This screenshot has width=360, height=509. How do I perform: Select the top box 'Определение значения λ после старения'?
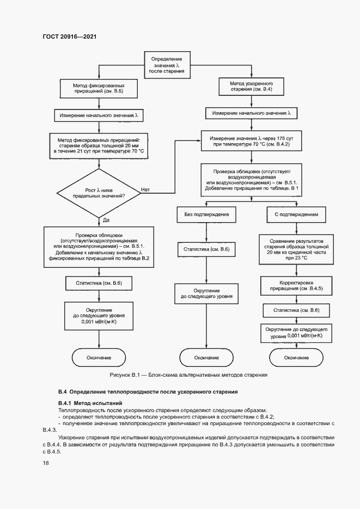(170, 64)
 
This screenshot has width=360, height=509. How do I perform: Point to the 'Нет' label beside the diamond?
(145, 189)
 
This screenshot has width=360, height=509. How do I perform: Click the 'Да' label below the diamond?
(106, 219)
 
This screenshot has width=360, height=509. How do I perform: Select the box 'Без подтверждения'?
(206, 215)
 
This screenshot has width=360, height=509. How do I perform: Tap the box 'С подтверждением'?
(296, 215)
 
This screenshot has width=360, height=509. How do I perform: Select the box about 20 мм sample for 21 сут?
(99, 146)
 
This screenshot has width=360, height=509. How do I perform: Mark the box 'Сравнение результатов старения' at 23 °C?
(296, 249)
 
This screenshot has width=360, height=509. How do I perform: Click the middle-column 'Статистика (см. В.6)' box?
(206, 250)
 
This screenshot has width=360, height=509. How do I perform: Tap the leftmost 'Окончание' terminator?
(99, 357)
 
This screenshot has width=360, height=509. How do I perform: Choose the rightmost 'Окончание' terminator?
(296, 357)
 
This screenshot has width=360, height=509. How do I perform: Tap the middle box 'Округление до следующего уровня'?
(206, 295)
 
